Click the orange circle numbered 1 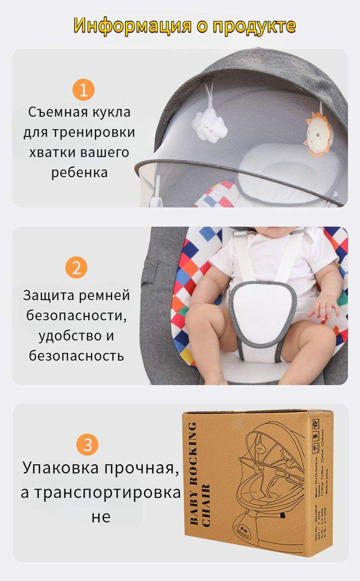(84, 90)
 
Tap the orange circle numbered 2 (76, 267)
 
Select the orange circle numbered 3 (87, 445)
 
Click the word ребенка (79, 173)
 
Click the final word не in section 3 (100, 517)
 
